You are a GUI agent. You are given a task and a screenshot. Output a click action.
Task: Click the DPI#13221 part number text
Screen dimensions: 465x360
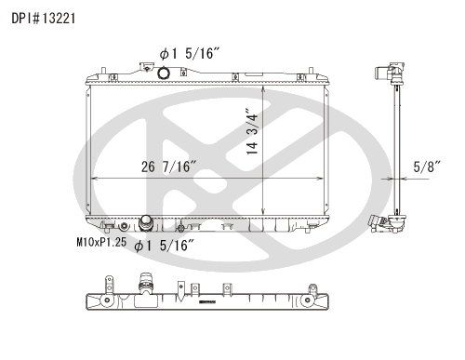coord(44,19)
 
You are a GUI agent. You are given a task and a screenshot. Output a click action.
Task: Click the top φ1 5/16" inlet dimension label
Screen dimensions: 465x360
coord(190,54)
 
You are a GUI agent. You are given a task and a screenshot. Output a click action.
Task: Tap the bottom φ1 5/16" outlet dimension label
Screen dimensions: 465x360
coord(165,246)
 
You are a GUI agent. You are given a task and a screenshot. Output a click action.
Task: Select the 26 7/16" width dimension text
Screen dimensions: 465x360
coord(169,167)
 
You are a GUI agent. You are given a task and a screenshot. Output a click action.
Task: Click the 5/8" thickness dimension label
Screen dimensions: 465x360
coord(427,167)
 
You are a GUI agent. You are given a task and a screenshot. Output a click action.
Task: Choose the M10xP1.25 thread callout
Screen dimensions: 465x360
coord(101,242)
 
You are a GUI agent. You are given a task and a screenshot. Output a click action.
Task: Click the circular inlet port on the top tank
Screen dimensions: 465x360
coord(164,73)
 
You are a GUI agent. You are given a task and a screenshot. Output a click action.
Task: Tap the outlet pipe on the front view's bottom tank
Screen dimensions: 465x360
coord(146,223)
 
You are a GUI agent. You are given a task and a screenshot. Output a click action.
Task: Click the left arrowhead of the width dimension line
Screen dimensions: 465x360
coord(94,179)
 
